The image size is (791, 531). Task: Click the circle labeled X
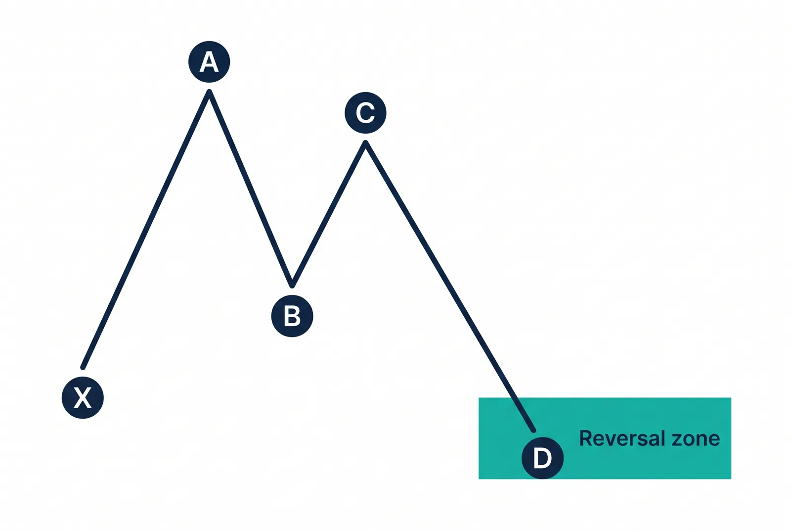[83, 398]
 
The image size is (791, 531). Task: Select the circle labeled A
[209, 62]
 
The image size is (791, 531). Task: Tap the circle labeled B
[292, 316]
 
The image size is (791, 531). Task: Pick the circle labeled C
[365, 113]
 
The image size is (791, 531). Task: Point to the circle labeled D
[542, 458]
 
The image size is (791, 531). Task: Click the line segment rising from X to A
[146, 230]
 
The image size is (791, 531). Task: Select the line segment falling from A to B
[251, 189]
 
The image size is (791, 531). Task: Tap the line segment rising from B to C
[329, 214]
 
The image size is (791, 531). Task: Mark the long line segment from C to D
[450, 287]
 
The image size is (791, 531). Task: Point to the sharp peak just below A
[210, 92]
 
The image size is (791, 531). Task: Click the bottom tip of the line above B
[292, 286]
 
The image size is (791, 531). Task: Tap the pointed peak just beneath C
[365, 143]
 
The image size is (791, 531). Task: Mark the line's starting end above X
[83, 368]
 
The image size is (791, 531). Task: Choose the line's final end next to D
[534, 431]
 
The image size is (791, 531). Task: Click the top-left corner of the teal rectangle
[479, 398]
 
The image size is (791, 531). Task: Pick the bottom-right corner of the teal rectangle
[731, 479]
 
